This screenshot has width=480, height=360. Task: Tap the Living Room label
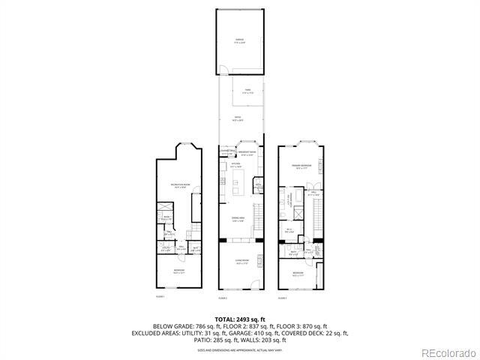[241, 262]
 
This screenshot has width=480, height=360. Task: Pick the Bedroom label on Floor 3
[298, 272]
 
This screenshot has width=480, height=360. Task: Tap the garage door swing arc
[223, 71]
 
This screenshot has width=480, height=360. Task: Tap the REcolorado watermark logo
[447, 352]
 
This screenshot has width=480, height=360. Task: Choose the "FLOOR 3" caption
[283, 298]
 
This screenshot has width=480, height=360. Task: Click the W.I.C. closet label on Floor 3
[289, 229]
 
